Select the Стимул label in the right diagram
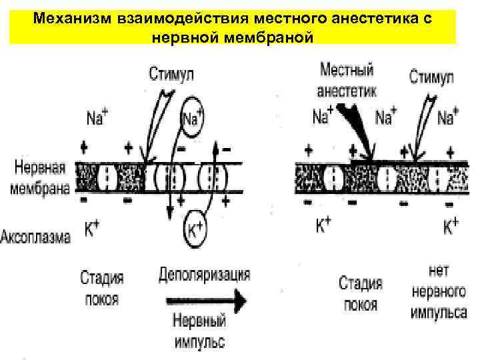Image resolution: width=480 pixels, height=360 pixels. (431, 77)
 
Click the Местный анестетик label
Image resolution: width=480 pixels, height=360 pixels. (347, 79)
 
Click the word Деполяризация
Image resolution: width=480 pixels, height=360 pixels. (205, 274)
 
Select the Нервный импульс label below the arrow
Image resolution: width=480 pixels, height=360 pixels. (198, 331)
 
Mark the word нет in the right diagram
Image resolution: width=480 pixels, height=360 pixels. (439, 271)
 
